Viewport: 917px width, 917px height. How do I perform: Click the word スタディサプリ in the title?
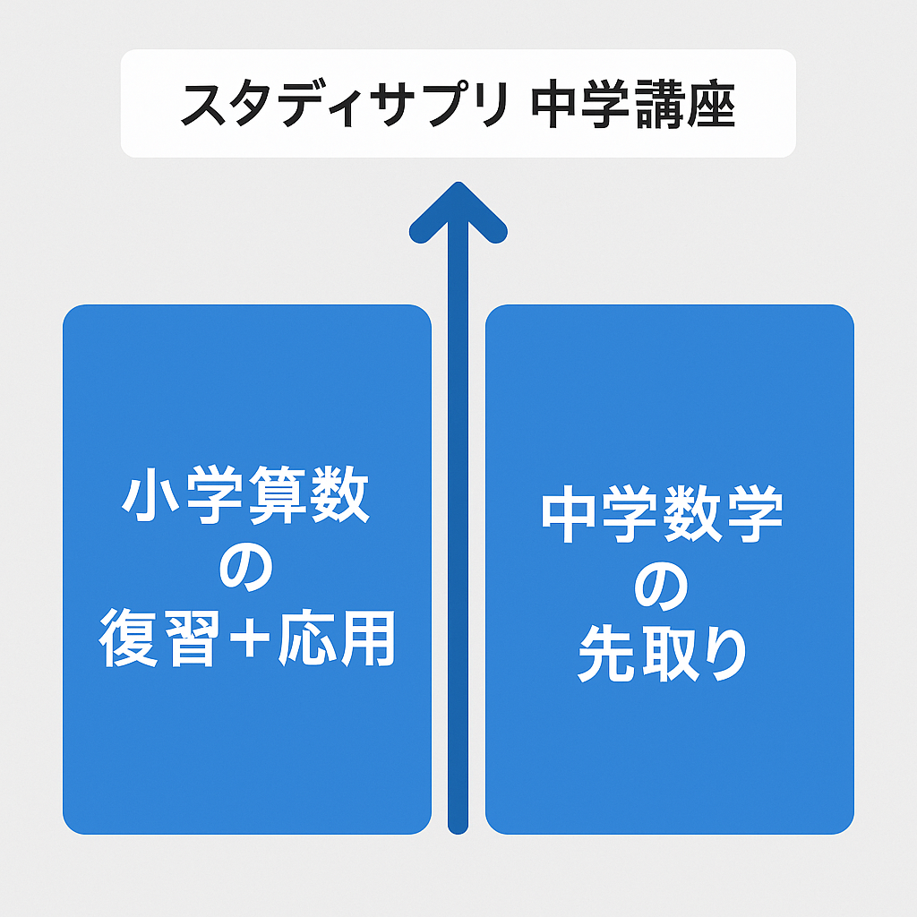(345, 104)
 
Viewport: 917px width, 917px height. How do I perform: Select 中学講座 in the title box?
(633, 104)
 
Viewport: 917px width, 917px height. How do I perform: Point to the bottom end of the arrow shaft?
(458, 826)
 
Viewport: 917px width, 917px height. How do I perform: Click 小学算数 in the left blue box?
(245, 494)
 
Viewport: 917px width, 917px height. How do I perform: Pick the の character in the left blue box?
(245, 567)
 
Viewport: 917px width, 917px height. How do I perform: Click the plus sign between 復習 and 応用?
(250, 638)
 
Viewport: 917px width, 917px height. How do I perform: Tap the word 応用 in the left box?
(337, 638)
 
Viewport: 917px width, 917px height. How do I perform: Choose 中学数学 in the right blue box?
(662, 513)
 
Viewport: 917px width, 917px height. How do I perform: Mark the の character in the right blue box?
(661, 586)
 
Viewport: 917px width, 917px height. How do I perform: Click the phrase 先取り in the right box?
(662, 653)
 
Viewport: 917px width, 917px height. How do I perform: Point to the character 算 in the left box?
(278, 494)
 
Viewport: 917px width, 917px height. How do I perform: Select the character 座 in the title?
(710, 104)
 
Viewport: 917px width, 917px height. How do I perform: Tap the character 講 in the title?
(660, 104)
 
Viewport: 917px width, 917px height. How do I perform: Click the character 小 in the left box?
(150, 495)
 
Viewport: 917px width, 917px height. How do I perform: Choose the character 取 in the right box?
(671, 653)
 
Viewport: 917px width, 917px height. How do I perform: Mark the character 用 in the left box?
(368, 638)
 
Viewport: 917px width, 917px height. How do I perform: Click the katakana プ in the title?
(451, 103)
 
